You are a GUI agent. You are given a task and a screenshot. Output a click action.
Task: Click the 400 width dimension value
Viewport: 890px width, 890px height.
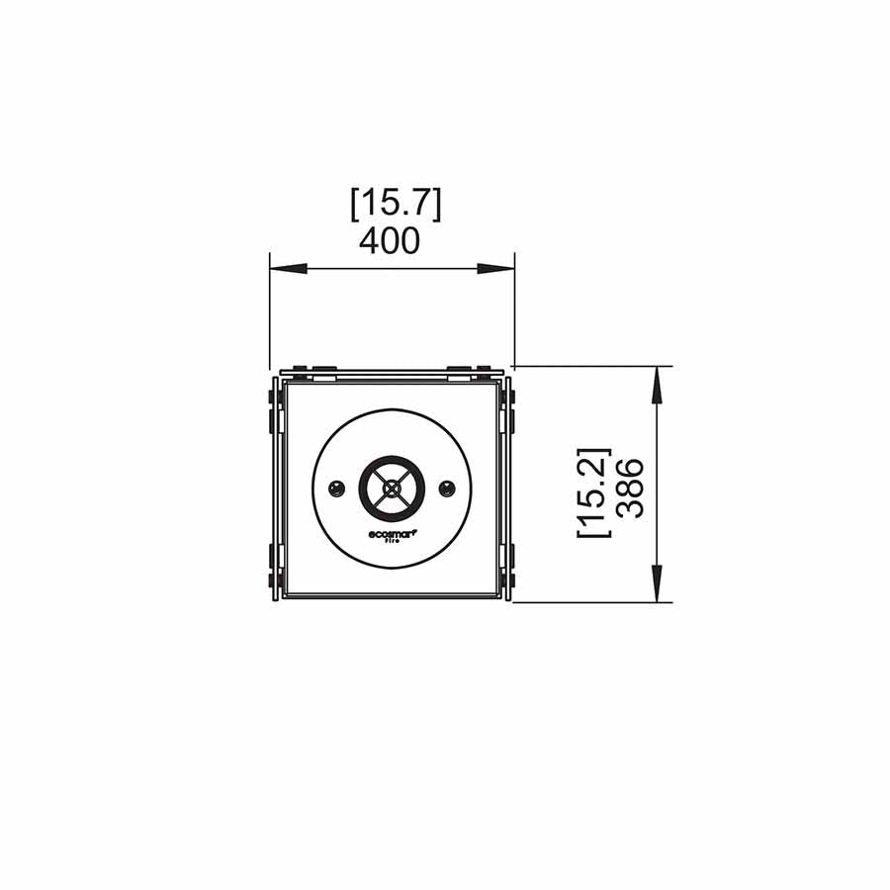[390, 240]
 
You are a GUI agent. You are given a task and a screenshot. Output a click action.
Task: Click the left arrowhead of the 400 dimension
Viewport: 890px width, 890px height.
[288, 269]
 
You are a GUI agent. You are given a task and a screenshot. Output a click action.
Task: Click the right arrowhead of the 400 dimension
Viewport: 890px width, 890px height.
[496, 269]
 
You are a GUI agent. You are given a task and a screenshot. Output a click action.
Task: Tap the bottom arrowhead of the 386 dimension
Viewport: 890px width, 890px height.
[657, 584]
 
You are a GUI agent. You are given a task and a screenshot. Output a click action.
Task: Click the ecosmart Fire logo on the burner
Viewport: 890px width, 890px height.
[393, 536]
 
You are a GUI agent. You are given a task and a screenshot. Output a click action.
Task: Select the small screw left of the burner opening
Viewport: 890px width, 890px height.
[337, 488]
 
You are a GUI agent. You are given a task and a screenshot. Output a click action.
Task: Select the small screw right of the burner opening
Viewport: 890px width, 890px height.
[447, 488]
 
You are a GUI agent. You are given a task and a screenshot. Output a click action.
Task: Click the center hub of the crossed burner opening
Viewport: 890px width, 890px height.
[393, 488]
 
